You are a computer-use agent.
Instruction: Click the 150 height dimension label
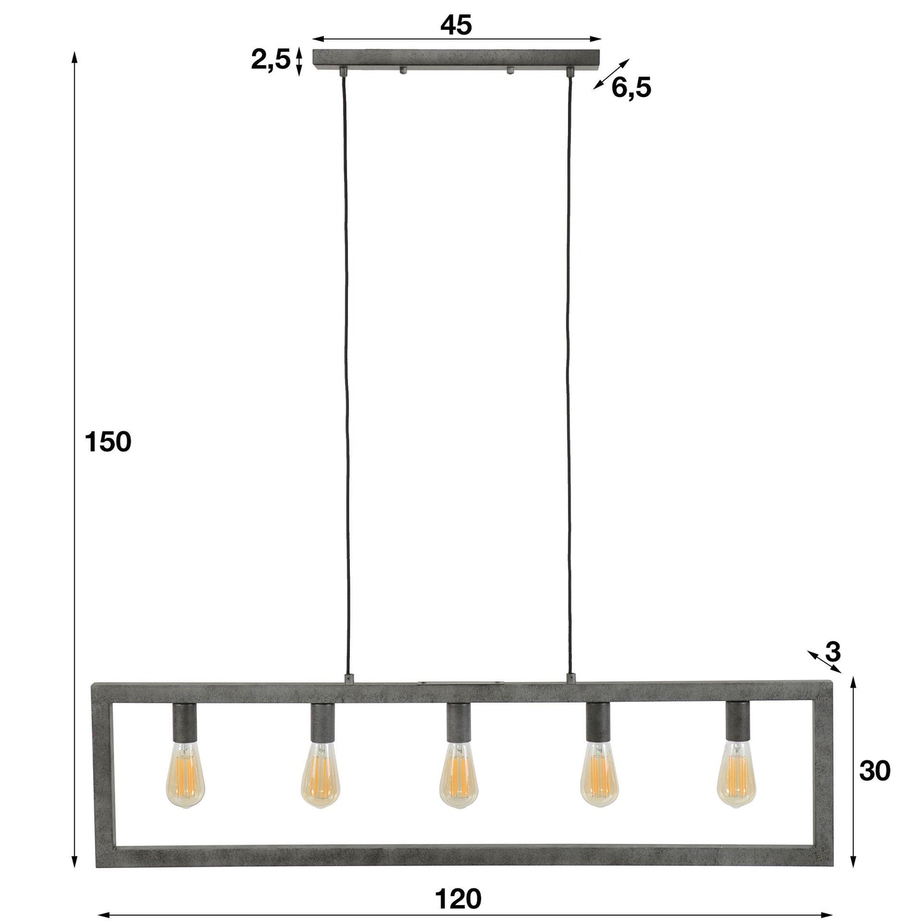108,442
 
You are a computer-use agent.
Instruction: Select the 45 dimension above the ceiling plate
456,25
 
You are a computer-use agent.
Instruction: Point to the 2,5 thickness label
270,60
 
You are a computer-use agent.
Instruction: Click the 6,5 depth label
631,88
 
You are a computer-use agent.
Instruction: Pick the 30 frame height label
874,771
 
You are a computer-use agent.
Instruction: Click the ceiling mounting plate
457,59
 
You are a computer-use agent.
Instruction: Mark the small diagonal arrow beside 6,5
611,74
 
